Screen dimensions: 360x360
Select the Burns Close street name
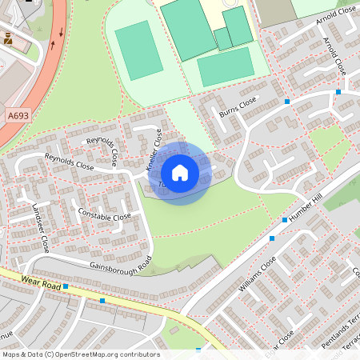click(238, 108)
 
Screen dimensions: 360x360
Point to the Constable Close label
click(105, 215)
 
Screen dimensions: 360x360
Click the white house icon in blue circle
click(180, 173)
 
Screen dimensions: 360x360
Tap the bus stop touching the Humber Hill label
click(284, 218)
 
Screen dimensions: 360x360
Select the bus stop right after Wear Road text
click(66, 286)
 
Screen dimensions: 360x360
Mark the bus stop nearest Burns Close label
click(286, 102)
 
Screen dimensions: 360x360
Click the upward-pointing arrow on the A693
click(54, 45)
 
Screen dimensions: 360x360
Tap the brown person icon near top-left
click(8, 38)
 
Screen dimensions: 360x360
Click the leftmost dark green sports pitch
click(138, 50)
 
